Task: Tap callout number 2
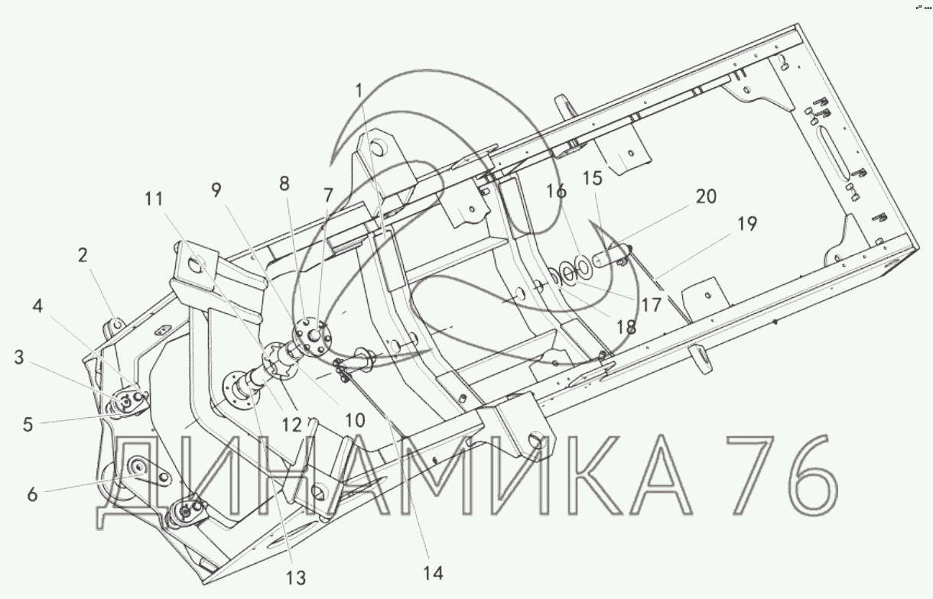point(83,254)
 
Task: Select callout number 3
point(19,358)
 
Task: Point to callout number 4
point(37,306)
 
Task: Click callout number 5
point(28,424)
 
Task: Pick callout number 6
point(32,495)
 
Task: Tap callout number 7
point(328,196)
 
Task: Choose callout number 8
point(284,183)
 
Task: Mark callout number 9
point(216,190)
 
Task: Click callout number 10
point(355,420)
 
